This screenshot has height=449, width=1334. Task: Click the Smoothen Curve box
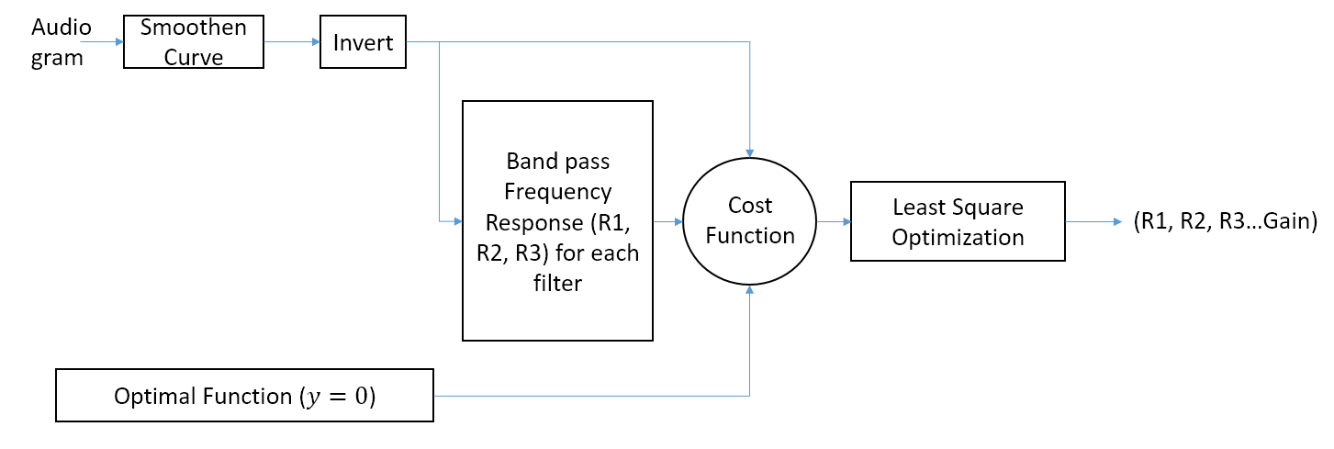click(194, 42)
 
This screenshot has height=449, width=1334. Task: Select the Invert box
click(362, 42)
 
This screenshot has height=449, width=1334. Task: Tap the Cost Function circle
click(749, 220)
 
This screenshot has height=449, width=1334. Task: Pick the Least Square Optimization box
click(958, 221)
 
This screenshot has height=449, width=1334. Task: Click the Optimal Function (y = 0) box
click(244, 396)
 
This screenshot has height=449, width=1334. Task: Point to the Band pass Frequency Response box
click(557, 221)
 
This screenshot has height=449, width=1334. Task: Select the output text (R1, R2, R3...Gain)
click(1225, 221)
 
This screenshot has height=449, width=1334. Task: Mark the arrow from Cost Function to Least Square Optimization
click(834, 221)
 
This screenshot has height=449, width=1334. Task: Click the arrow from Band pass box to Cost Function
click(667, 221)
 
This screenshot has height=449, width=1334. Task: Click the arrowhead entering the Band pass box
click(456, 221)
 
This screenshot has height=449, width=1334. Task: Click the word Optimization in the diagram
click(958, 237)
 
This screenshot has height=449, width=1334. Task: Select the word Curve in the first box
click(194, 57)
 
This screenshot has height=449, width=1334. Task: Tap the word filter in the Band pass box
click(557, 283)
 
